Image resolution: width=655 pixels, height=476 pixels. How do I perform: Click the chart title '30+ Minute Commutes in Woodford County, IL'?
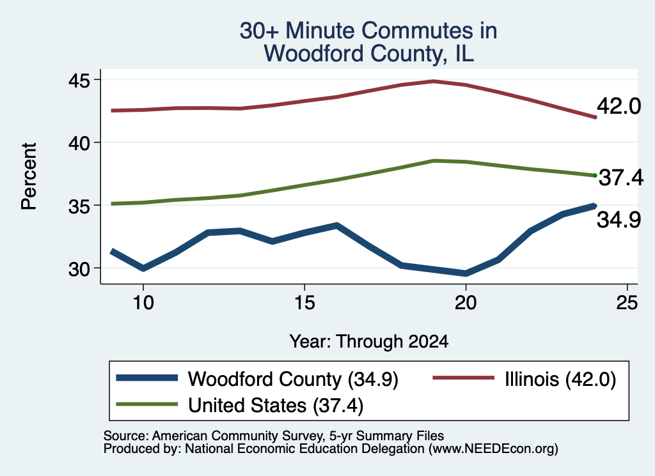coord(368,42)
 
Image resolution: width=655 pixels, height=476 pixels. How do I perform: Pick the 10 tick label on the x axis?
coord(143,302)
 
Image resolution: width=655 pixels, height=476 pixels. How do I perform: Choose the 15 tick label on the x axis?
coord(304,302)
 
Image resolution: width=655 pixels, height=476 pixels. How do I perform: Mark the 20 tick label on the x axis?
coord(466,302)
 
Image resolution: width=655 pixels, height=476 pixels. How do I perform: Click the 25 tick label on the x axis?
coord(627,302)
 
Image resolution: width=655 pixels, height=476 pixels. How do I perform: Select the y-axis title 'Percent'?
coord(29,176)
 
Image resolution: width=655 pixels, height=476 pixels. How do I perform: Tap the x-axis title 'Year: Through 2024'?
coord(369,342)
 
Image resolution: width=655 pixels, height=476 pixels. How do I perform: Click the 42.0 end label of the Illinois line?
coord(619,106)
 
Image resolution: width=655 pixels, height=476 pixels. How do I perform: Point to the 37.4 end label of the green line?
coord(621,178)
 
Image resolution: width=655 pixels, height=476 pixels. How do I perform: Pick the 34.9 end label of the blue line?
coord(619,220)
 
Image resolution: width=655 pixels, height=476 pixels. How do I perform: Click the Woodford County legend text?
coord(293,380)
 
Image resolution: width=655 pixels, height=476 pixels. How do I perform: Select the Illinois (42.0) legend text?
coord(560,380)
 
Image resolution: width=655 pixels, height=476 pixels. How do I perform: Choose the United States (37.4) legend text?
coord(276,406)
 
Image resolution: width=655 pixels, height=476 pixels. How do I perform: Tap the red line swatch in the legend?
coord(463,378)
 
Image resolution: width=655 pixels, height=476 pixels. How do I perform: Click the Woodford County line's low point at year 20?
coord(466,273)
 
